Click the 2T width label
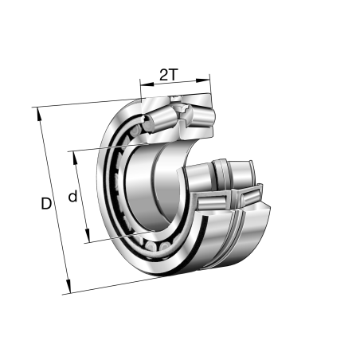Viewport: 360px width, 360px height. (168, 75)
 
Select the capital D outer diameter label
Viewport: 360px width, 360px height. (45, 205)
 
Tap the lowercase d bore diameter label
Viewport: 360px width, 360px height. (72, 196)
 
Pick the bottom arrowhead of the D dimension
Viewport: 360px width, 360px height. (68, 289)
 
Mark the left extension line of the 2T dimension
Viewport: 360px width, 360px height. (141, 92)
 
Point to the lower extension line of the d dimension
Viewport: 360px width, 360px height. (112, 237)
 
